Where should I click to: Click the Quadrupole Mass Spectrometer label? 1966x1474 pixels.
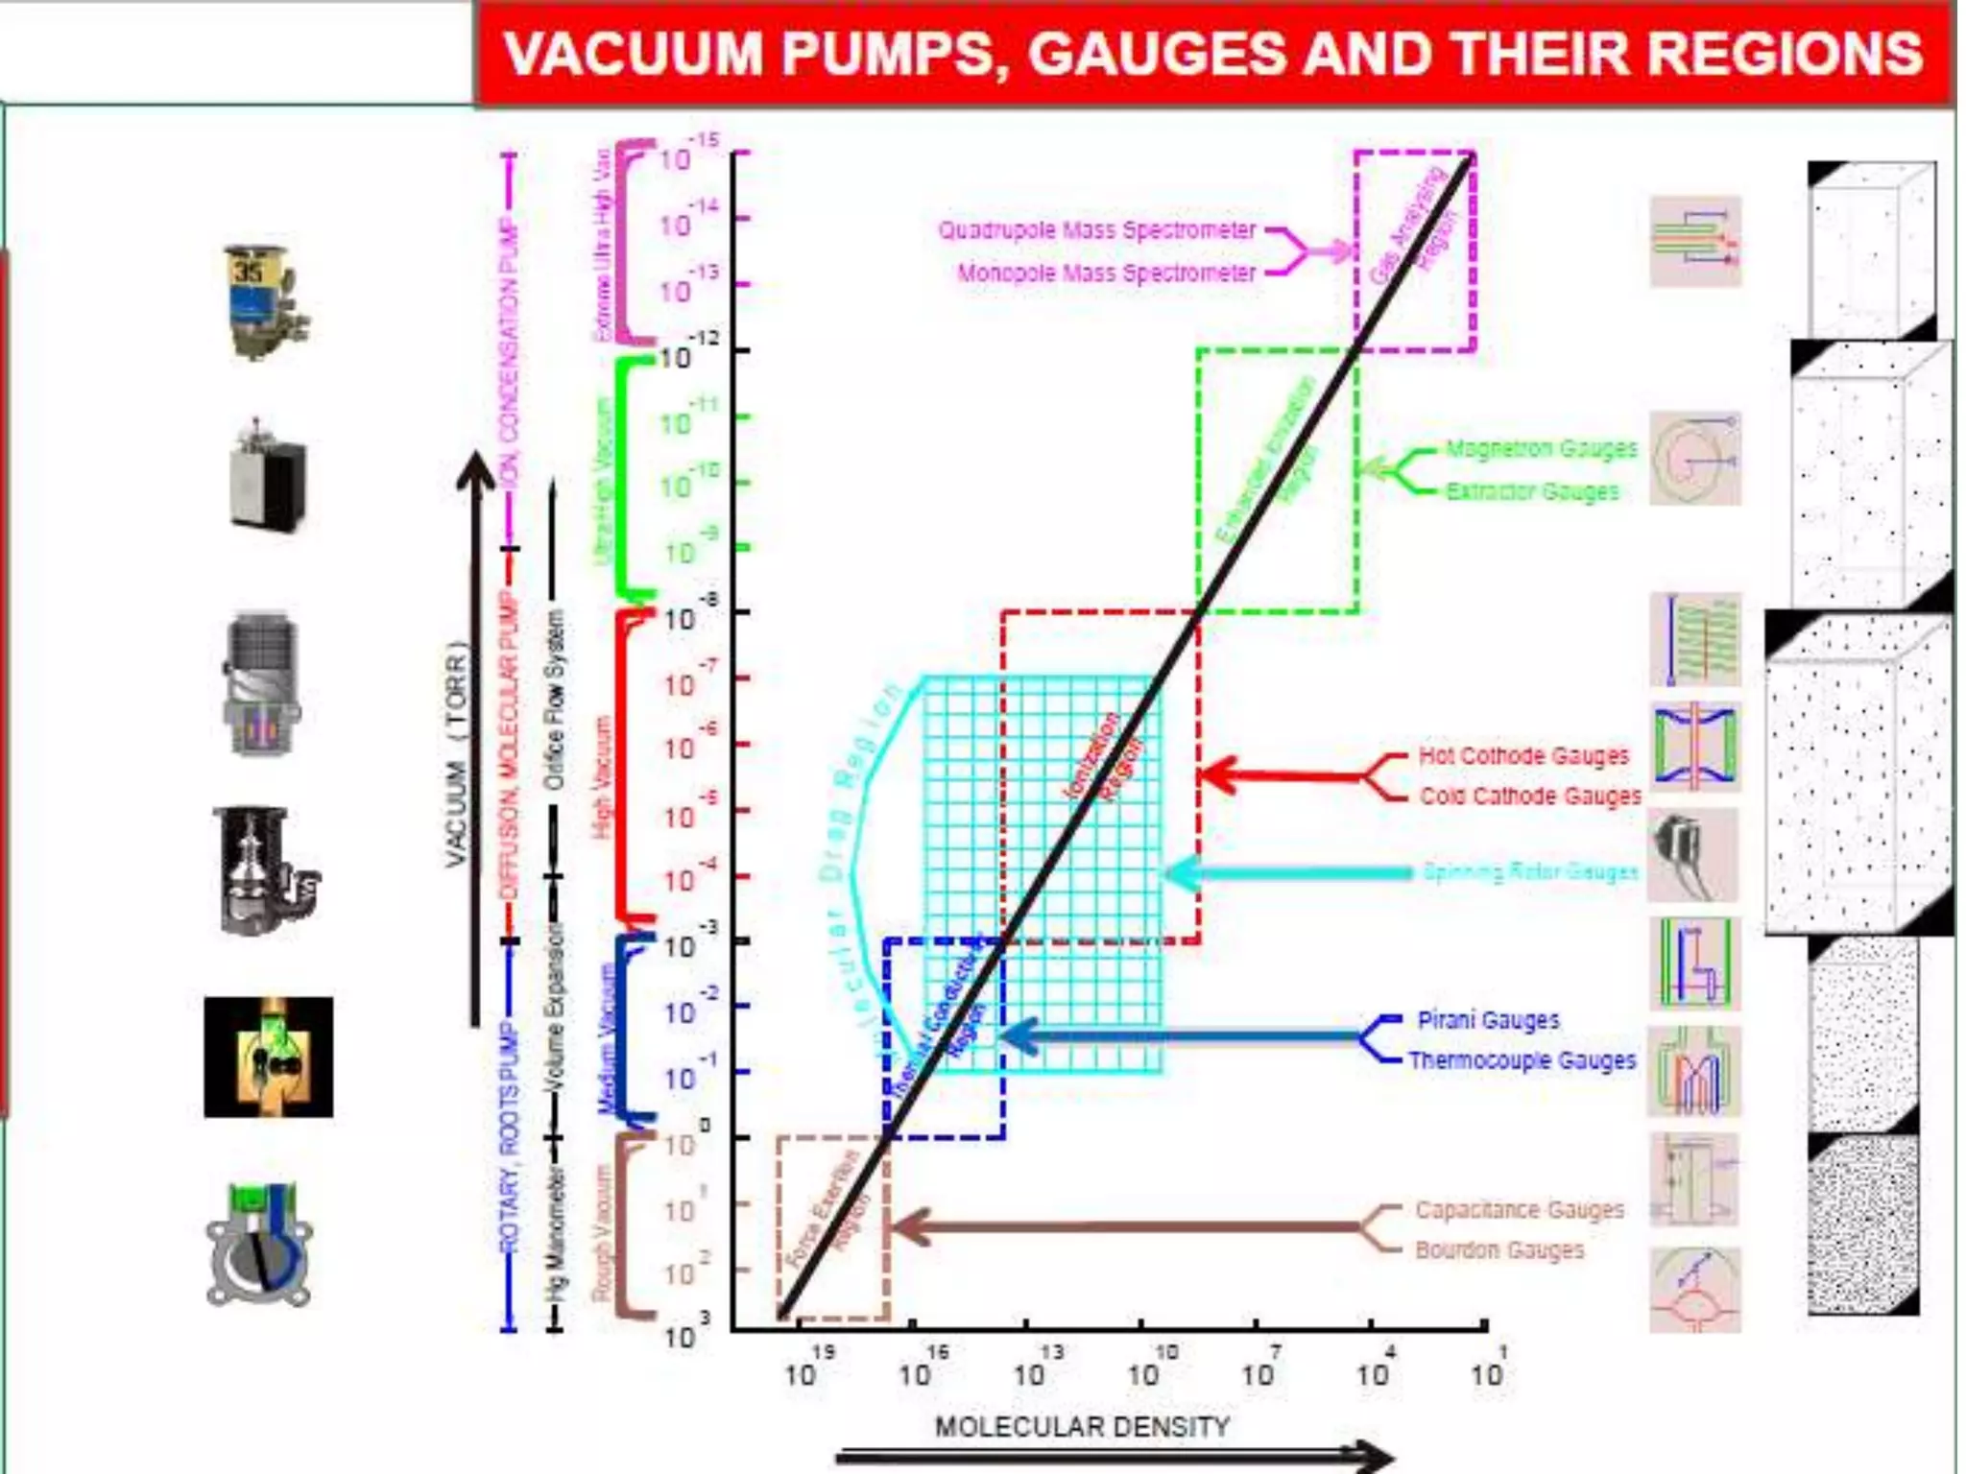coord(1096,230)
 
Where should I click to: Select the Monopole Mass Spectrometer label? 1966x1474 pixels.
coord(1106,273)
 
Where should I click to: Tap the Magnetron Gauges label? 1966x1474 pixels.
coord(1541,449)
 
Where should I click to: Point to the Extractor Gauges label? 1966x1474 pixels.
coord(1532,491)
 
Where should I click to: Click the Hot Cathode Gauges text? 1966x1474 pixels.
coord(1523,756)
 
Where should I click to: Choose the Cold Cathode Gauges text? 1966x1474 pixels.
coord(1530,796)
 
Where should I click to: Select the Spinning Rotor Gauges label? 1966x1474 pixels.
coord(1529,871)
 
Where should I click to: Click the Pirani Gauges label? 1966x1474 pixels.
coord(1488,1020)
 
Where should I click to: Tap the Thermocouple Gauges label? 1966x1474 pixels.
coord(1522,1060)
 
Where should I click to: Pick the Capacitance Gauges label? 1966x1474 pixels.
coord(1519,1210)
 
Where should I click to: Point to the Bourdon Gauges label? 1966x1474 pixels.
coord(1499,1250)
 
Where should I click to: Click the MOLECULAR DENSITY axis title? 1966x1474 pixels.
coord(1082,1427)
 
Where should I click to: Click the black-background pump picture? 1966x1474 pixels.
coord(269,1058)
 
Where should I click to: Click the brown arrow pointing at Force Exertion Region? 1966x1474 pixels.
coord(1123,1227)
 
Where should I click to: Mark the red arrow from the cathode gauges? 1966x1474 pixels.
coord(1286,775)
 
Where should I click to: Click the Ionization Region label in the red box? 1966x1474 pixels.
coord(1104,758)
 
